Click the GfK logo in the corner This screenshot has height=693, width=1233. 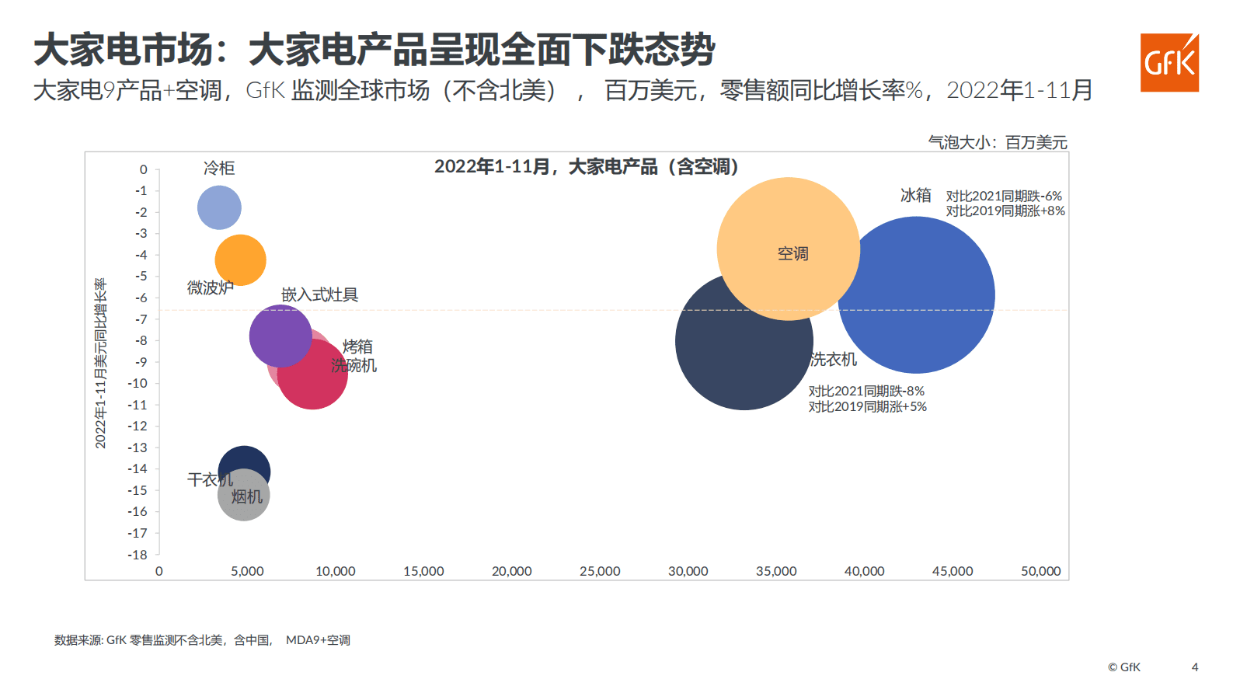tap(1169, 63)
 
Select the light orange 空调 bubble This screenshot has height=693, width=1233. tap(788, 233)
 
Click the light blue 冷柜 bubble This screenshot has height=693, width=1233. tap(219, 207)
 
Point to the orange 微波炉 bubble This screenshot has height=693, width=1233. tap(241, 259)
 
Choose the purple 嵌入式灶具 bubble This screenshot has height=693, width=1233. tap(278, 334)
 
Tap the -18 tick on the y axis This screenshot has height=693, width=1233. tap(138, 555)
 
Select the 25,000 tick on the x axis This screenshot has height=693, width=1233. tap(600, 571)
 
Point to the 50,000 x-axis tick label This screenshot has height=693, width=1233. tap(1040, 571)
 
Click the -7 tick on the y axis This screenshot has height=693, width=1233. tap(141, 319)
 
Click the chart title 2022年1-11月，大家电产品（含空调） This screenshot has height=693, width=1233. tap(587, 167)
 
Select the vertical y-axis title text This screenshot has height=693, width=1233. tap(100, 363)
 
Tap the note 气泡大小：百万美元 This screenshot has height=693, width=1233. tap(998, 142)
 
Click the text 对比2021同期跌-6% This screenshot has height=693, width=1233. tap(1003, 196)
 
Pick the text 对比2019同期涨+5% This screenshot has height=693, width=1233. tap(867, 406)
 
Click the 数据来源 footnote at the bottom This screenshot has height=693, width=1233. tap(202, 640)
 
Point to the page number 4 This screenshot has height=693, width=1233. tap(1195, 667)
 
